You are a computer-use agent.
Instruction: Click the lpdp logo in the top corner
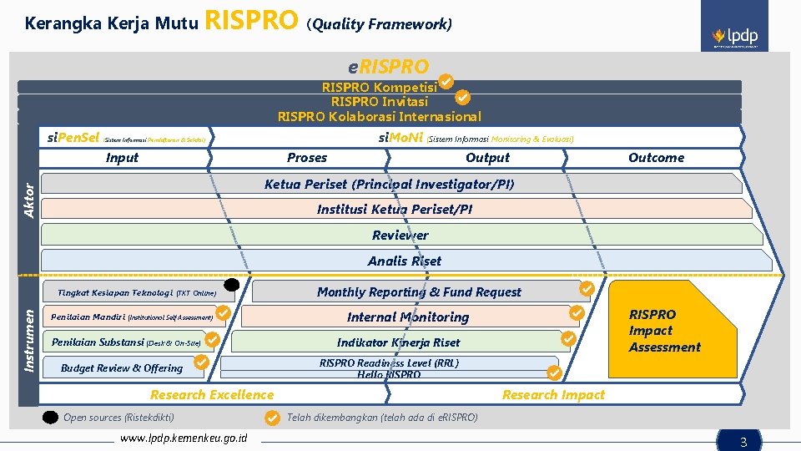735,38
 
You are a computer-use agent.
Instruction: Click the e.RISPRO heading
388,67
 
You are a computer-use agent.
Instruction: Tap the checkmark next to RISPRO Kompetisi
446,81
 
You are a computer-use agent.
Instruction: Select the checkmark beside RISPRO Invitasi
465,97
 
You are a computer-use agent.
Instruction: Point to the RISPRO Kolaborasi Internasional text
380,116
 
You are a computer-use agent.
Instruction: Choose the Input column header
122,158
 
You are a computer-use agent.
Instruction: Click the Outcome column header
656,158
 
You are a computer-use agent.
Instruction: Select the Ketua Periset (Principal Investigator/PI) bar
389,184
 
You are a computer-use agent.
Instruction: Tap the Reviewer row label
400,236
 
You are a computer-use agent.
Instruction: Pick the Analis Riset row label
405,261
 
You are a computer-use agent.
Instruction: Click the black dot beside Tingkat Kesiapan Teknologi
232,286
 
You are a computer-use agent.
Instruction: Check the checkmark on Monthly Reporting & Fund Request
587,288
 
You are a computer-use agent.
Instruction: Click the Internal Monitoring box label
408,317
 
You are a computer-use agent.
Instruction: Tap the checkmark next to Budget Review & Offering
201,362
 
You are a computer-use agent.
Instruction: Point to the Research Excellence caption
212,395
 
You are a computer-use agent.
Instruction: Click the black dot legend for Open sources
51,418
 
